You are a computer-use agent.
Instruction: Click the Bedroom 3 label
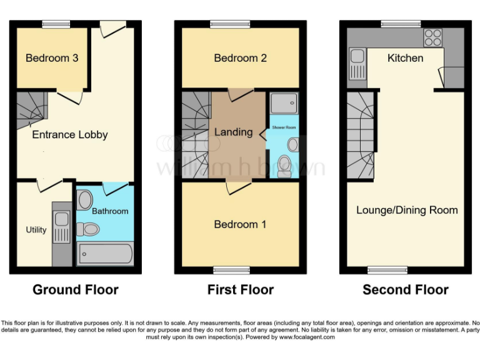pos(52,58)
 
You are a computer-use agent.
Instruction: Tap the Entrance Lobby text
pos(70,134)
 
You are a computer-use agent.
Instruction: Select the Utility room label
pos(36,229)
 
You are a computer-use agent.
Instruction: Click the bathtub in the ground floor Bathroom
pos(104,254)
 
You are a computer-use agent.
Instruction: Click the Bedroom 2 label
pos(240,58)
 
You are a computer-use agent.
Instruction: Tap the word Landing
pos(233,132)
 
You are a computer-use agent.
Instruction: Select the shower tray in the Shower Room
pos(284,104)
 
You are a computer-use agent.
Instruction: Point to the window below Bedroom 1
pos(231,270)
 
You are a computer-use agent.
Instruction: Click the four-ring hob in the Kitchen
pos(432,38)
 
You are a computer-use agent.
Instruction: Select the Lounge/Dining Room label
pos(407,210)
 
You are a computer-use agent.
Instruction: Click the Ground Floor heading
pos(75,290)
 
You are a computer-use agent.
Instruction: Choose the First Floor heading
pos(241,290)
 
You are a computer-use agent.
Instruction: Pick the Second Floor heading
pos(406,290)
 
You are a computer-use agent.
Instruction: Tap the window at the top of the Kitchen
pos(401,24)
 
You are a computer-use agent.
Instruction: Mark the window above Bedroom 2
pos(231,24)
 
